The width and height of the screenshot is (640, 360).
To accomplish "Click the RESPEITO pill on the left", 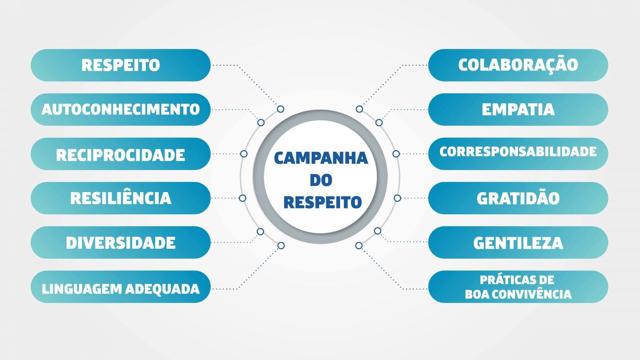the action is [x=120, y=65].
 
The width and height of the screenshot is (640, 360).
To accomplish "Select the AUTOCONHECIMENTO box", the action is [x=120, y=110].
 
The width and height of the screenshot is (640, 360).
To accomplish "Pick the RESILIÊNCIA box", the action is [x=120, y=198].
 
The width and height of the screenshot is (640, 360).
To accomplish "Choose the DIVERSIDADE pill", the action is [x=120, y=242].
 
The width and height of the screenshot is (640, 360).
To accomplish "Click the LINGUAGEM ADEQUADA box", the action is [x=120, y=287].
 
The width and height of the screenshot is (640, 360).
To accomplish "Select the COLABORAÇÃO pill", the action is [x=518, y=65].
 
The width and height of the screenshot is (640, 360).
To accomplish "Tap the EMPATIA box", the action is [x=518, y=110].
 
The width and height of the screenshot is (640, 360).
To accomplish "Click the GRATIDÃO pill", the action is [x=518, y=198].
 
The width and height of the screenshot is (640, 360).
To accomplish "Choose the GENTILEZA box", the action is [x=518, y=242].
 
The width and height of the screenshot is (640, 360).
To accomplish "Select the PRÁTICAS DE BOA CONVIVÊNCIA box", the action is [x=518, y=287].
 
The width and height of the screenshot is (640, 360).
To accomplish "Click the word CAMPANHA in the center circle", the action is [x=321, y=158].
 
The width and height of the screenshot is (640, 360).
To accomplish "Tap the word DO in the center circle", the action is [x=321, y=180].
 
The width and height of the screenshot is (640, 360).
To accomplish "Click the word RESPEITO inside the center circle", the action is [x=322, y=202].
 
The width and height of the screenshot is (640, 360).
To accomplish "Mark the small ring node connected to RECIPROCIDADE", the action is [x=244, y=154].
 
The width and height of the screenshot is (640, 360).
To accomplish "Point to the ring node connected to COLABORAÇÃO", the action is [x=360, y=109].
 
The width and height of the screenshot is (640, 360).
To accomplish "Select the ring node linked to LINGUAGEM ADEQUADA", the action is [x=281, y=245].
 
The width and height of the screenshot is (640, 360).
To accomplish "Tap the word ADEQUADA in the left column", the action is [x=162, y=289].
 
